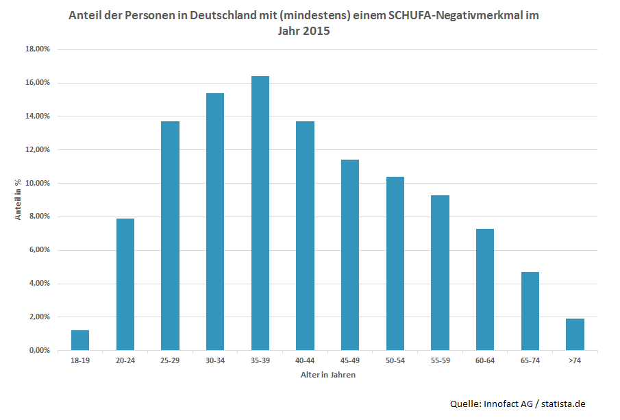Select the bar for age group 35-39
(260, 213)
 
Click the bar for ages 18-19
(80, 340)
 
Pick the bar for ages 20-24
(125, 284)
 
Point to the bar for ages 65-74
(530, 311)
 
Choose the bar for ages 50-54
(395, 263)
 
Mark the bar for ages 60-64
(485, 289)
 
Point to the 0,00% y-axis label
(38, 350)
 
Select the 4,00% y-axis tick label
(38, 284)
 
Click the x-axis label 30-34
(215, 361)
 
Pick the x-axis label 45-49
(350, 361)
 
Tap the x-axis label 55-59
(440, 361)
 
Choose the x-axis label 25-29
(170, 361)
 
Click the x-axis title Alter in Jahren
(327, 375)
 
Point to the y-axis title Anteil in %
(19, 199)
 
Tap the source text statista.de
(563, 404)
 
